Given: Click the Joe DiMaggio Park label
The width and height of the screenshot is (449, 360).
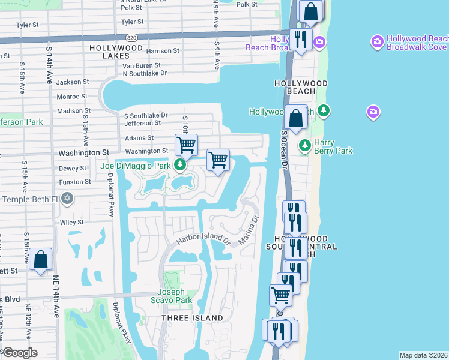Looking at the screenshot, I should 136,165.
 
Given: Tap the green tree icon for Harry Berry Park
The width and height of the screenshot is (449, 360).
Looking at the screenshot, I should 305,145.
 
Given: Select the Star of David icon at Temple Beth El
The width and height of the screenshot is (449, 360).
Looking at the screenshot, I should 67,198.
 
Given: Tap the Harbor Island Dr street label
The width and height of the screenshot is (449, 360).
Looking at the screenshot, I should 203,240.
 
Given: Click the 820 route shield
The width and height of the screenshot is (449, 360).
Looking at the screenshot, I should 133,37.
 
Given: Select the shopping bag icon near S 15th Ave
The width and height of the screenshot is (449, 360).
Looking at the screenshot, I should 40,260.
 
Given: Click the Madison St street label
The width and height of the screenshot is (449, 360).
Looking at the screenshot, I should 73,110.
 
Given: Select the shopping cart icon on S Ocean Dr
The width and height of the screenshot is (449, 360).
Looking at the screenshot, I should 280,295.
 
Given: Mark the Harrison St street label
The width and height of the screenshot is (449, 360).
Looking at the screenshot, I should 163,51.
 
